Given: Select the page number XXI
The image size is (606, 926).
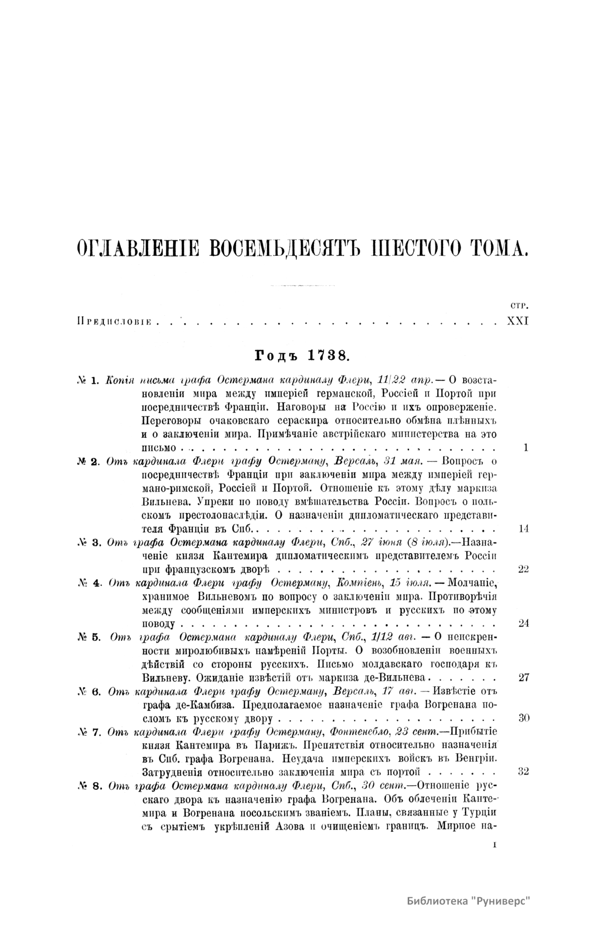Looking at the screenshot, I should (x=517, y=321).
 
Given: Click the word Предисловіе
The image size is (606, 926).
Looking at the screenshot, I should (x=115, y=321).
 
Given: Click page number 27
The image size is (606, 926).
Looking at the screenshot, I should (x=523, y=678).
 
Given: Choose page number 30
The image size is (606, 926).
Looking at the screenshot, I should (x=523, y=718).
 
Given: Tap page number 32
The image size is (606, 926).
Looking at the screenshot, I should (x=523, y=772).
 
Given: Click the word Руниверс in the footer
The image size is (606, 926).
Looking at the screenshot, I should (x=503, y=902).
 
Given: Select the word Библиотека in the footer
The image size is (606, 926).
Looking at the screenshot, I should (x=436, y=902).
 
